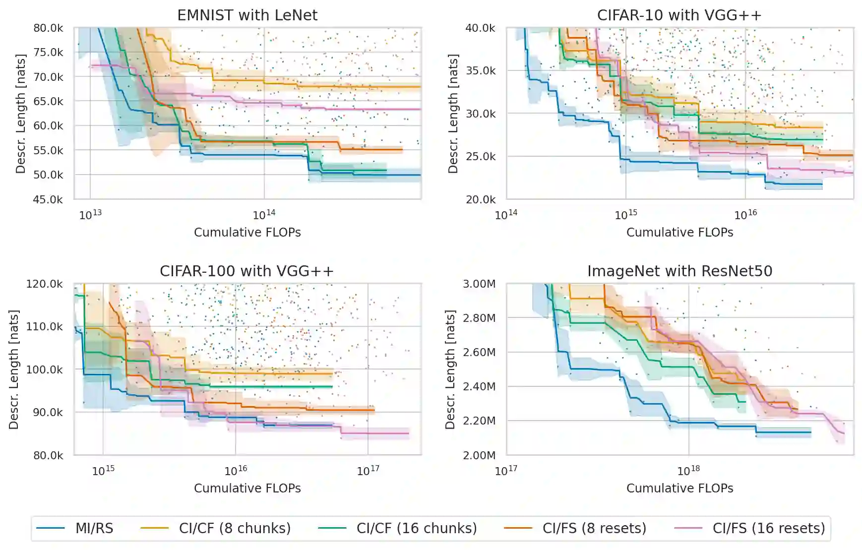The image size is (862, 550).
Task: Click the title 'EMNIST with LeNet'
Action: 247,15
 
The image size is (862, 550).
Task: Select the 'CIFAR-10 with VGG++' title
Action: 679,15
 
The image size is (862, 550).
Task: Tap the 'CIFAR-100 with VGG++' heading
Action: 246,271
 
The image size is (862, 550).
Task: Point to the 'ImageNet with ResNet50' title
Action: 679,271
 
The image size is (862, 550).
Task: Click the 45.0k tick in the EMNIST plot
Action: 48,200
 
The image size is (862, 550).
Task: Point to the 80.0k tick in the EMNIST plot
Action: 48,28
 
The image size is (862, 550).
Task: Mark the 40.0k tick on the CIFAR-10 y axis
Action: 480,28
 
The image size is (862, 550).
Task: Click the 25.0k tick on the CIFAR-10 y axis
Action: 480,157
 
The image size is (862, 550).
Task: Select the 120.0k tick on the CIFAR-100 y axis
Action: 45,284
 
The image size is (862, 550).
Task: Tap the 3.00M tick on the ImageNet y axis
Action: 479,284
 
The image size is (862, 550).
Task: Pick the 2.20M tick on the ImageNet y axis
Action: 479,421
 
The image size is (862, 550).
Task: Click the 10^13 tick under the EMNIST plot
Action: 90,215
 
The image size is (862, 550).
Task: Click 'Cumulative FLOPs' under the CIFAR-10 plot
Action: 679,233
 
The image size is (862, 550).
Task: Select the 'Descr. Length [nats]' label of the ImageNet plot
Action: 450,369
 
